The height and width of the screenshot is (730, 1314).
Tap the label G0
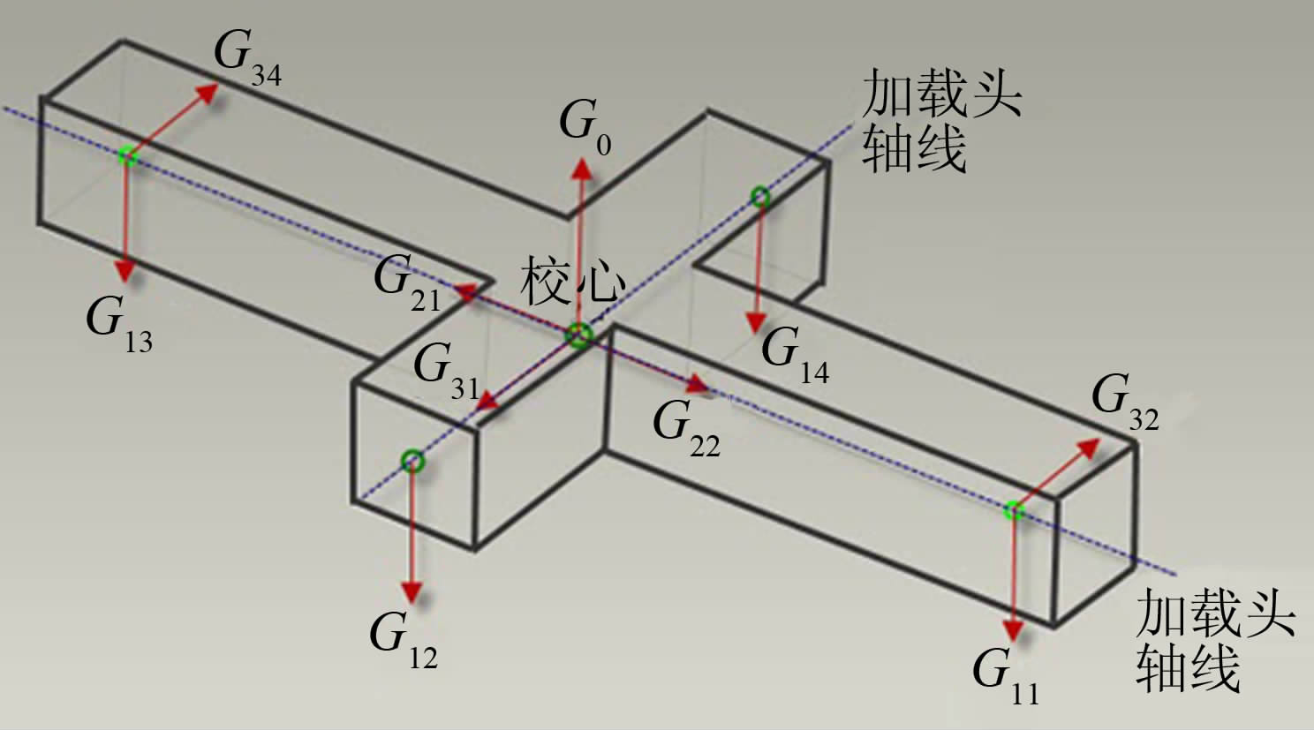tap(585, 126)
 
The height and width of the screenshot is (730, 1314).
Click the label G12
tap(403, 637)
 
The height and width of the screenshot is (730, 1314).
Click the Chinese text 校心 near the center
tap(573, 282)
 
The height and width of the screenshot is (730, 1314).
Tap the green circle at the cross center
tap(578, 335)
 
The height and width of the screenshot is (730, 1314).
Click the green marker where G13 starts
tap(128, 156)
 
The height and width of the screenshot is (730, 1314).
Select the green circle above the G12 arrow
tap(412, 461)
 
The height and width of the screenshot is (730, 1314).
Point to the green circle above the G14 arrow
tap(760, 197)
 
